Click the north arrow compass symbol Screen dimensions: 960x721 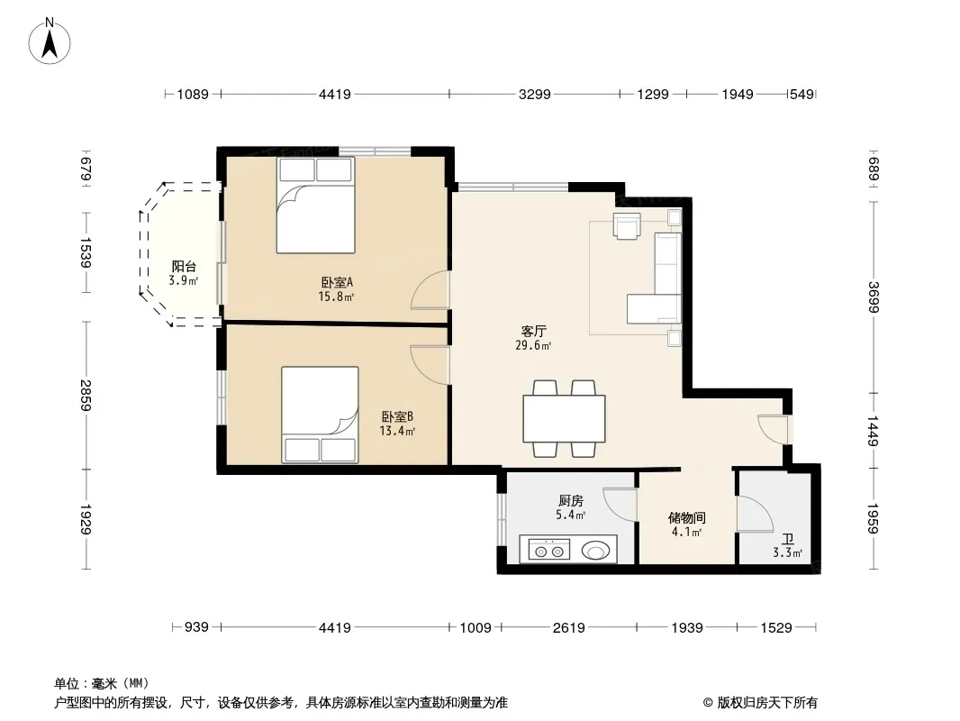tap(50, 41)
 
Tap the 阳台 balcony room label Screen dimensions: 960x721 tap(184, 267)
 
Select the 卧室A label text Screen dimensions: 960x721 tap(338, 282)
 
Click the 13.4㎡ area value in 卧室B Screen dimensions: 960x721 tap(397, 431)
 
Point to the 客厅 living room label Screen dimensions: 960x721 tap(533, 331)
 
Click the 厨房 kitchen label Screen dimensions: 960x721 tap(571, 501)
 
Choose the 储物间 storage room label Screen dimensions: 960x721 tap(687, 517)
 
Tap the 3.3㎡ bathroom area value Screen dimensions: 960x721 tap(787, 552)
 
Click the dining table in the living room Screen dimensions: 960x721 tap(565, 419)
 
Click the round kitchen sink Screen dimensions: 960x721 tap(594, 551)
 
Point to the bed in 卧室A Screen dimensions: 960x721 tap(316, 205)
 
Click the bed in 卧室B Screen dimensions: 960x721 tap(321, 415)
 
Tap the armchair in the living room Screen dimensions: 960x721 tap(627, 226)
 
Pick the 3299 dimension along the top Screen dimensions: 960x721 tap(535, 95)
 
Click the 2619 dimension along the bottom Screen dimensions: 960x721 tap(569, 627)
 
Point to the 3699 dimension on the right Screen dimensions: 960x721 tap(873, 297)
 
